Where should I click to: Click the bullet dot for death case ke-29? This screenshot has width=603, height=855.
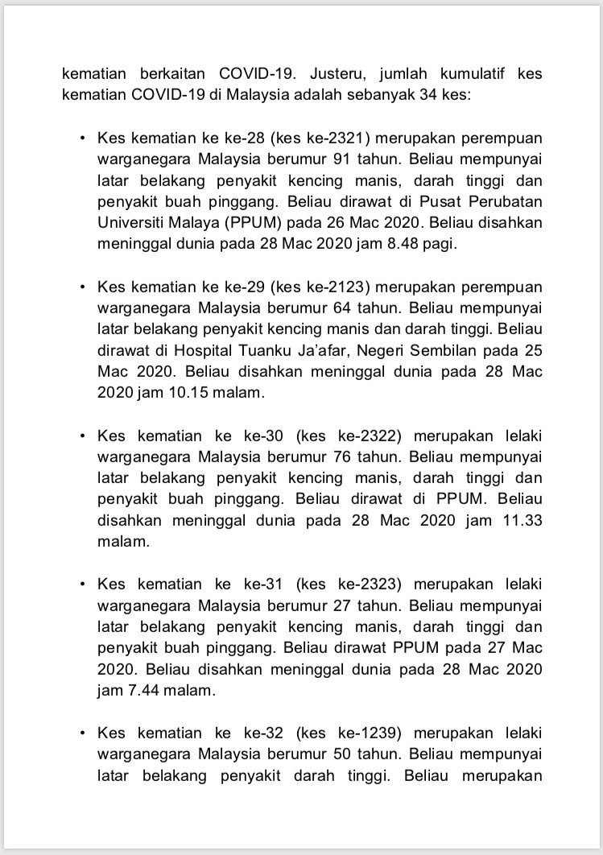(82, 287)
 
